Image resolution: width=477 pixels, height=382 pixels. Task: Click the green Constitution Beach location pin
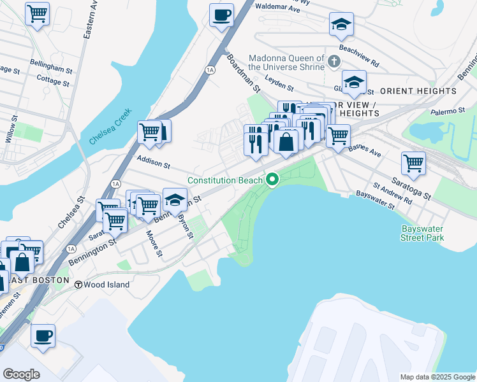point(273,180)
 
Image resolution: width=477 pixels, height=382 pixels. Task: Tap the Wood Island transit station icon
point(79,285)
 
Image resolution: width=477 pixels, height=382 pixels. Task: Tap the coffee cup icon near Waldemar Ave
point(221,15)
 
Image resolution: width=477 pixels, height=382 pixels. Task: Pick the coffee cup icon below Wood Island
point(43,336)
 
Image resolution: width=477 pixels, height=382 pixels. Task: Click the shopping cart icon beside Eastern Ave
point(37,13)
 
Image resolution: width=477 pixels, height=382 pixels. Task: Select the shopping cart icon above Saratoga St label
point(413,163)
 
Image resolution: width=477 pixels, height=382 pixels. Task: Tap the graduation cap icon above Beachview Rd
point(341,24)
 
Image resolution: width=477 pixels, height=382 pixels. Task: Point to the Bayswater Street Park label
point(422,233)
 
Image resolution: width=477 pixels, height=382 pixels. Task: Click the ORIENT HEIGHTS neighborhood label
point(419,91)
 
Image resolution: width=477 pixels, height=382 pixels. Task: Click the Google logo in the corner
point(21,374)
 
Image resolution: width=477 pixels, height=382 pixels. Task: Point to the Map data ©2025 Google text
point(437,377)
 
